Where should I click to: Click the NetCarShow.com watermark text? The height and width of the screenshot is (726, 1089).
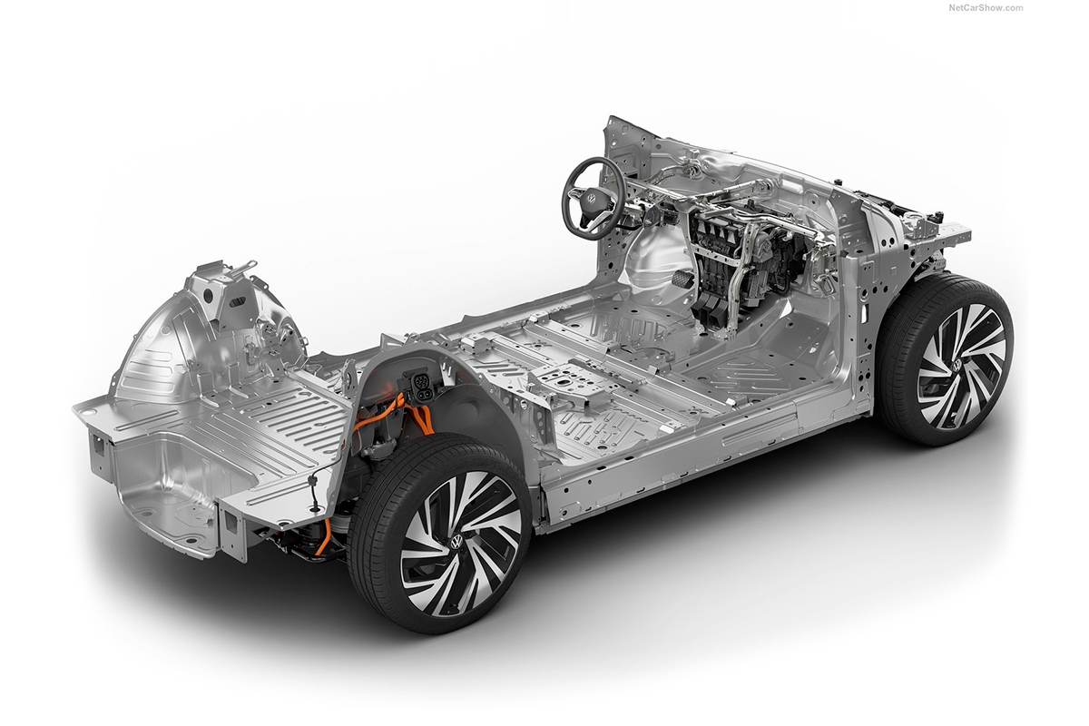[986, 8]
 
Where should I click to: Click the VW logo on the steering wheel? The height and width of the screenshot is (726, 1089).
[591, 199]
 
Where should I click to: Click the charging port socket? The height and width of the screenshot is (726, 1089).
[420, 384]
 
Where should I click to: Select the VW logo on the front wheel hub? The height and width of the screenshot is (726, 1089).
[957, 365]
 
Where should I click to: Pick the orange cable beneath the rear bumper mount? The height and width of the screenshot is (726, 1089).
[323, 537]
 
